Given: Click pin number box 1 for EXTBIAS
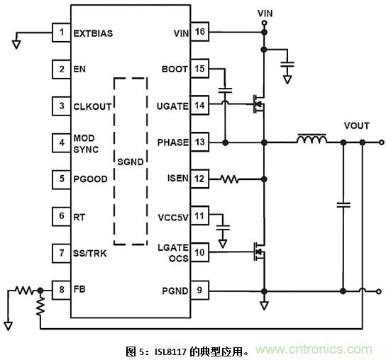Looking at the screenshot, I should [x=62, y=33].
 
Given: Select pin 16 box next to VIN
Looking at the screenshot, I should [x=200, y=33].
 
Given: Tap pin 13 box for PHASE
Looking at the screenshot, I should [x=200, y=142].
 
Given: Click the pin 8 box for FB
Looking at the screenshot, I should [x=62, y=290].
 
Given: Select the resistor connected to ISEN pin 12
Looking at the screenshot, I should [x=231, y=179].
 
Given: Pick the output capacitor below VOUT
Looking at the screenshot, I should [x=343, y=205].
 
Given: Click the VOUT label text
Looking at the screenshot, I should [x=356, y=125].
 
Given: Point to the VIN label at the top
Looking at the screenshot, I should [x=264, y=12].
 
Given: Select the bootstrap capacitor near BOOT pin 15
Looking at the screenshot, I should [x=226, y=91].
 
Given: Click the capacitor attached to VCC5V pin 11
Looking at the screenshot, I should [x=224, y=228].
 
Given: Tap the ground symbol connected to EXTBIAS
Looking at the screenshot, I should [x=16, y=43].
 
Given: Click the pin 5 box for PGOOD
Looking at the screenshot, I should [x=62, y=179].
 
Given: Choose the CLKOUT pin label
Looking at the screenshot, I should [x=93, y=106].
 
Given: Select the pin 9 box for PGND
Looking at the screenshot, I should [x=200, y=290].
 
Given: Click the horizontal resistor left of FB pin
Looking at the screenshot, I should [x=24, y=290].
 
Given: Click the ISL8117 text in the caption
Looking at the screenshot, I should [x=167, y=350].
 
